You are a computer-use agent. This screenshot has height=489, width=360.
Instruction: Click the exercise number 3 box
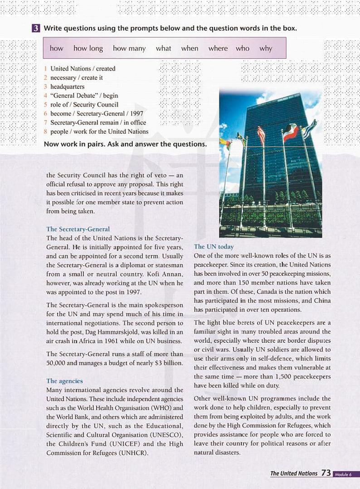click(36, 29)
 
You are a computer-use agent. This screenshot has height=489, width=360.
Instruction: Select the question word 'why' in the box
click(266, 48)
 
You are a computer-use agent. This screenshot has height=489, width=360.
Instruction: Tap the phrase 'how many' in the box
click(129, 48)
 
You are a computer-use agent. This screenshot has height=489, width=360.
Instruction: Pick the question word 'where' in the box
click(218, 48)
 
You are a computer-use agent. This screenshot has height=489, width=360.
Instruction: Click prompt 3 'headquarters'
click(67, 86)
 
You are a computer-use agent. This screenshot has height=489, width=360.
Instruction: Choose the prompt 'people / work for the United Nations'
click(99, 132)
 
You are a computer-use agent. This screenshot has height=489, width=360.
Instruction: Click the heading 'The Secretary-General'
click(78, 229)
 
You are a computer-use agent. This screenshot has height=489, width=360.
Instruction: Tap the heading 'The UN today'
click(214, 247)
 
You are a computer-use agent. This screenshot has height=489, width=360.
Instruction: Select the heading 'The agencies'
click(64, 381)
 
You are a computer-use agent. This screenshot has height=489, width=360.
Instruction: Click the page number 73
click(326, 473)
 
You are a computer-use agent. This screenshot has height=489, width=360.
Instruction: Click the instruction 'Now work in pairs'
click(75, 144)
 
